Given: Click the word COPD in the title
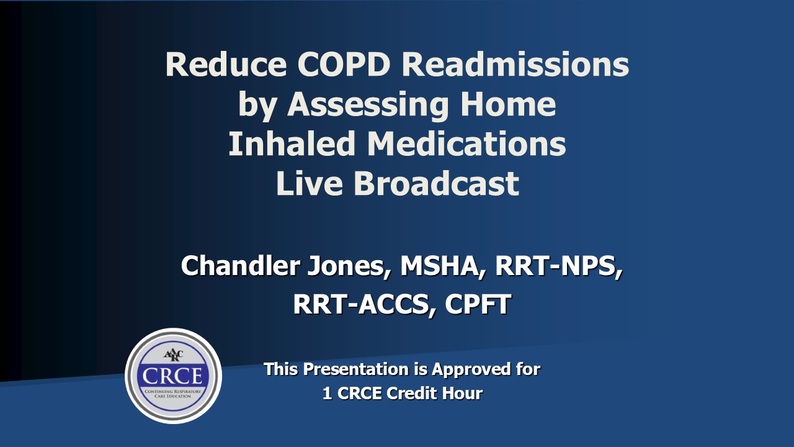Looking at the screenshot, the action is click(x=344, y=65).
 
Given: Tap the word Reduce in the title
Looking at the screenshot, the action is click(x=226, y=65).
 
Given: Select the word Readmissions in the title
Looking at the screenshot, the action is click(x=515, y=65).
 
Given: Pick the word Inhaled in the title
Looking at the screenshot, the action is click(x=292, y=143).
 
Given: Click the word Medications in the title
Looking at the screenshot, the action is click(x=466, y=143).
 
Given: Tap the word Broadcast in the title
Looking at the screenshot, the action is click(x=437, y=183).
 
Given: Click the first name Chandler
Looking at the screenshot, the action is click(x=241, y=266).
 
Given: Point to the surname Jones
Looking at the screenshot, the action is click(x=349, y=267).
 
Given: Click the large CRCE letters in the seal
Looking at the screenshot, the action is click(x=172, y=376).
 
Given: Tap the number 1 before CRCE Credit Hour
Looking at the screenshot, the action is click(x=327, y=394).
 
